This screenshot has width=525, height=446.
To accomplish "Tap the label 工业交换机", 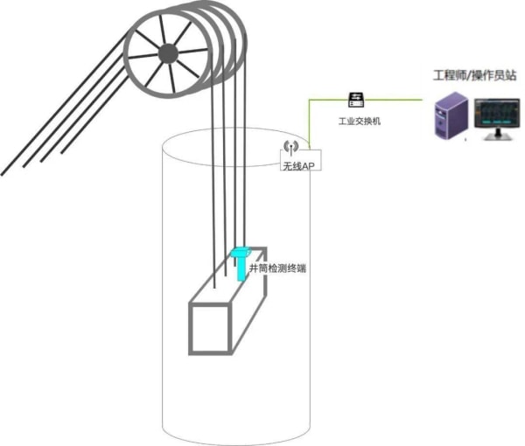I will pyautogui.click(x=360, y=121).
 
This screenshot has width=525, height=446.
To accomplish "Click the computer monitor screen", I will pyautogui.click(x=497, y=114).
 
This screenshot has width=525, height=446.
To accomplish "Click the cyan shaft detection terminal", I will pyautogui.click(x=240, y=263).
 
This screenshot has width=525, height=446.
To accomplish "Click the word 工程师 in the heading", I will pyautogui.click(x=451, y=74).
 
